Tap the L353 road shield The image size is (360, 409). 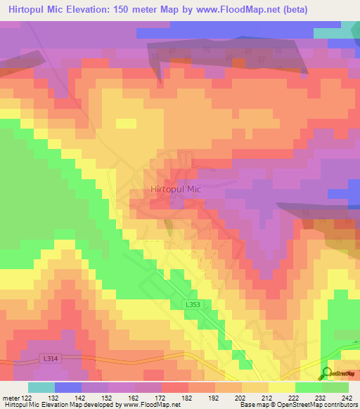coord(195,304)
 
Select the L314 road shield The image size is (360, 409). coord(49,359)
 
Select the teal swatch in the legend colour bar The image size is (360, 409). coord(41,387)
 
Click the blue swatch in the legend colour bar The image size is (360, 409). coord(68,387)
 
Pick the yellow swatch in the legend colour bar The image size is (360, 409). coord(281,387)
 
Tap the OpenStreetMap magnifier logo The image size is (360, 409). coord(328,372)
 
